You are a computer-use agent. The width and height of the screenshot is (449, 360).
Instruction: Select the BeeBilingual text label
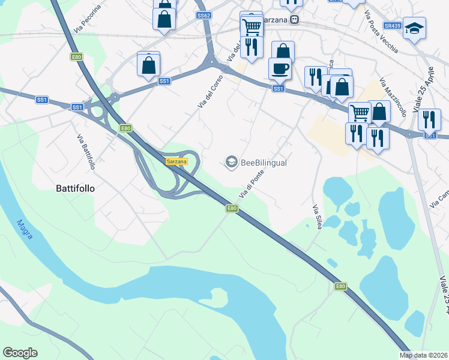(264, 163)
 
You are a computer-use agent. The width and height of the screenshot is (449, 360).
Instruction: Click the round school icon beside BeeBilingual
(231, 162)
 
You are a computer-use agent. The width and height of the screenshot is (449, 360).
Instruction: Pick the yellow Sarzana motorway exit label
(177, 161)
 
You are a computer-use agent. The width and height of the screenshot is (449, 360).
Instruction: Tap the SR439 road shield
(393, 26)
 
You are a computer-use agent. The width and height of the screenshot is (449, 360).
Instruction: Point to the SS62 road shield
(203, 16)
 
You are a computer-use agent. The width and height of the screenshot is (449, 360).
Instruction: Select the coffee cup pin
(280, 68)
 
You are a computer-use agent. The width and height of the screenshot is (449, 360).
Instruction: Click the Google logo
(20, 353)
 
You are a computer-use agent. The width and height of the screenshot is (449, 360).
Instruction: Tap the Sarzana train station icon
(294, 20)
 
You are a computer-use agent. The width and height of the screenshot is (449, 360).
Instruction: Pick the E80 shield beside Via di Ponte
(232, 208)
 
